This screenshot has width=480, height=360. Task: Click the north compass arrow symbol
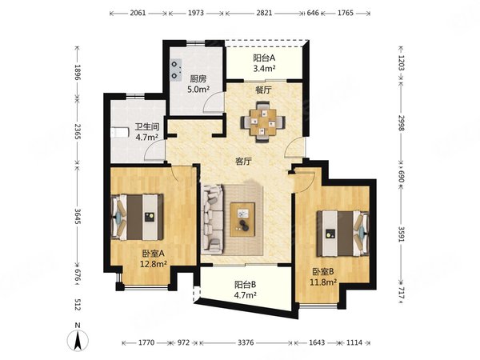pos(78,340)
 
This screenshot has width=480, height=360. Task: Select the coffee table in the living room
pos(242,219)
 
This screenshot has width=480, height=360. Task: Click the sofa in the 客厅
pos(212,219)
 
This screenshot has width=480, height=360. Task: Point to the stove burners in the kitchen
pos(176,70)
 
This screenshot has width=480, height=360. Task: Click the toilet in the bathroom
pos(119,133)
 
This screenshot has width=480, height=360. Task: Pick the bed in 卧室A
pos(137,217)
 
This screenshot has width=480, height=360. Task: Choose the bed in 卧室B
pos(343,234)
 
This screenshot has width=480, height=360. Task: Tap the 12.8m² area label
pos(153,264)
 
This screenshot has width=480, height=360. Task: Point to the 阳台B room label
pos(246,285)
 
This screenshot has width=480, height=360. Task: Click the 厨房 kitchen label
pos(198,79)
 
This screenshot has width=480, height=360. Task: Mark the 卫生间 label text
pos(147,126)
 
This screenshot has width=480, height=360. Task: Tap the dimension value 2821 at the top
pos(264,13)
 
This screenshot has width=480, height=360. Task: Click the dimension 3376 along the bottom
pos(246,342)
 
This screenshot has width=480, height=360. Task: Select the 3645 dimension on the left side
pos(78,217)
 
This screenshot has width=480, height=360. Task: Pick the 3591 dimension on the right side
pos(402,234)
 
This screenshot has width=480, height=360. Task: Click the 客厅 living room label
pos(243,162)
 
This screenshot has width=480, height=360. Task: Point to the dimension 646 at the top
pos(313,13)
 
